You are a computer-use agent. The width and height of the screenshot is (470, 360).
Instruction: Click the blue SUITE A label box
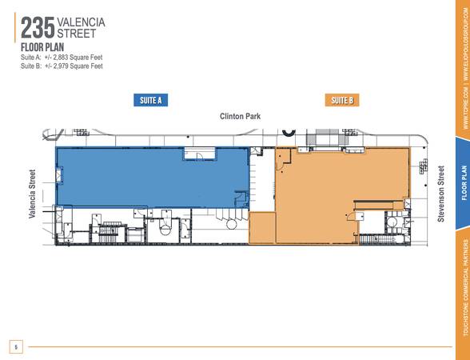(150, 100)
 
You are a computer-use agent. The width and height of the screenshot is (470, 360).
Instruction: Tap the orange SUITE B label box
(342, 100)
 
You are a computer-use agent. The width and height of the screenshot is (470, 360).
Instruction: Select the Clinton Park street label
(240, 116)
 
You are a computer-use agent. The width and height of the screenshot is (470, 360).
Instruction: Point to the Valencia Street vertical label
(32, 194)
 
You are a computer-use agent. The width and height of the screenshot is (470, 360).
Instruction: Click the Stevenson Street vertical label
(440, 194)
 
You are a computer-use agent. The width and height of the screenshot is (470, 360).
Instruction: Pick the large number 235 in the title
(38, 28)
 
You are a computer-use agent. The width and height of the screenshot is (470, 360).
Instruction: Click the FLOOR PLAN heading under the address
(42, 47)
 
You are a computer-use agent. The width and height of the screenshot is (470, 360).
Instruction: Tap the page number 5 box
(16, 347)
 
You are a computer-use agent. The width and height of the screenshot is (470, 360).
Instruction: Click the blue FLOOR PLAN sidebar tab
(464, 183)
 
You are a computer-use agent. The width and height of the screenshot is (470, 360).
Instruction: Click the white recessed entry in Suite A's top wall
(199, 154)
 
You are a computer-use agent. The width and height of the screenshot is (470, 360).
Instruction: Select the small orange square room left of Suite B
(262, 228)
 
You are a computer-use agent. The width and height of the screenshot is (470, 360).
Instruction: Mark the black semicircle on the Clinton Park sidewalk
(289, 132)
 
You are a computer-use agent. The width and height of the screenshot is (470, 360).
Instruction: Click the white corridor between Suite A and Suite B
(262, 180)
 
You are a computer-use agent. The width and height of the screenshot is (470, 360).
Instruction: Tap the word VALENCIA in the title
(81, 22)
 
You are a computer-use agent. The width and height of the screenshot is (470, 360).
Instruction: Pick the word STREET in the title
(77, 34)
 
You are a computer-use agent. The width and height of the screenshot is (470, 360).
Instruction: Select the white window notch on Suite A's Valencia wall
(59, 174)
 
